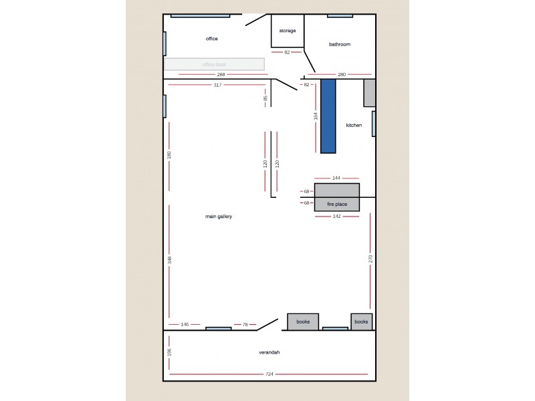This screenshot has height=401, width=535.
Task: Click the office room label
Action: point(212,39)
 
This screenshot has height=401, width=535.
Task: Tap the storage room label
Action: point(288,31)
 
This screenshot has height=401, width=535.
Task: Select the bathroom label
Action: point(340,44)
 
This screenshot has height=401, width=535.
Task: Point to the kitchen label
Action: point(354,125)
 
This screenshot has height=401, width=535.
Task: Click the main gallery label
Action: point(219,216)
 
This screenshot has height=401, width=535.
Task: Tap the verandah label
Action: point(269,352)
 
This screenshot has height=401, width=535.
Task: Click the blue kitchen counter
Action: point(328,116)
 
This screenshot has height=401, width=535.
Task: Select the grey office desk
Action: point(214,64)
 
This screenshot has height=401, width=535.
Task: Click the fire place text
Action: point(336,203)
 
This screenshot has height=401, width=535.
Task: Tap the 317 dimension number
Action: point(217,85)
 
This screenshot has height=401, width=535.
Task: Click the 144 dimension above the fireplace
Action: point(336,178)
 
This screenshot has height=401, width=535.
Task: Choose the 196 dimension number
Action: point(170,352)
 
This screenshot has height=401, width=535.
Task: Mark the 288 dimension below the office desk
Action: point(221,74)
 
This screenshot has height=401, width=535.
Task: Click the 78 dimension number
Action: point(245,324)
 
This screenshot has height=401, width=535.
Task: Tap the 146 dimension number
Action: point(185,324)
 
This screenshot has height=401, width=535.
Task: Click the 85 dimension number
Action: point(265,98)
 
